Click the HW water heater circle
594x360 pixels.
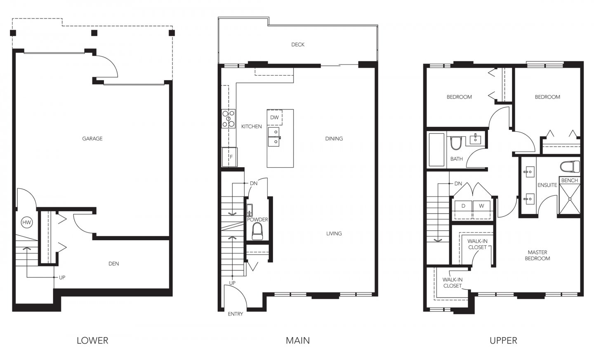tap(27, 223)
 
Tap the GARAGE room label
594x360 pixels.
tap(92, 139)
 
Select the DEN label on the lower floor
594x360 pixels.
tap(113, 263)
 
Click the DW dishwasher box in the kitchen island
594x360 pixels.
tap(274, 117)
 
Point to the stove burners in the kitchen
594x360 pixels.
tap(229, 118)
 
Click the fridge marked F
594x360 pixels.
tap(230, 157)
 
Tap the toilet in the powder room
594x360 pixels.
tap(258, 232)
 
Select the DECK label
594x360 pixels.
tap(297, 45)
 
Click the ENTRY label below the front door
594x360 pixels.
tap(236, 314)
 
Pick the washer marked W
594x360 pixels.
tap(481, 206)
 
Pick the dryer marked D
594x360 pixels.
tap(463, 206)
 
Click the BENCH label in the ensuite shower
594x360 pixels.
tap(569, 180)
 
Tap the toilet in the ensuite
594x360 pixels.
tap(570, 167)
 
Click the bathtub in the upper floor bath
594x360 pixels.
tap(436, 149)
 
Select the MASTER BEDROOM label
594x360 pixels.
tap(537, 255)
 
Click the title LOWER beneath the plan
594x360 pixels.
tap(92, 341)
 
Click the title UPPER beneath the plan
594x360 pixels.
tap(503, 341)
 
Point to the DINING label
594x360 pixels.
tap(334, 139)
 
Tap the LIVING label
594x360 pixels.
tap(334, 234)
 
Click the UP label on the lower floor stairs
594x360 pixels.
tap(62, 277)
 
